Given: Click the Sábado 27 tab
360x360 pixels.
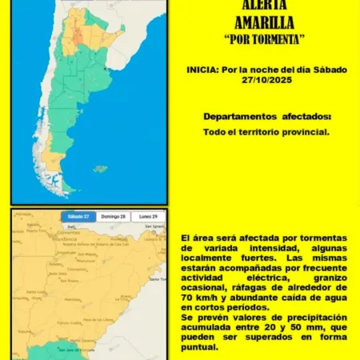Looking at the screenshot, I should (x=78, y=216).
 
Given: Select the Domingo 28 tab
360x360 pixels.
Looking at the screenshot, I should (x=113, y=216).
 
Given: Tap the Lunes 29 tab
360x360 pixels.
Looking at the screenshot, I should (x=147, y=216).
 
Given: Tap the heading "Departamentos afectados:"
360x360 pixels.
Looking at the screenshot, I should (x=266, y=117).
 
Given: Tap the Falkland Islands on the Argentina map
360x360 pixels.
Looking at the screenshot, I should (x=100, y=169).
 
